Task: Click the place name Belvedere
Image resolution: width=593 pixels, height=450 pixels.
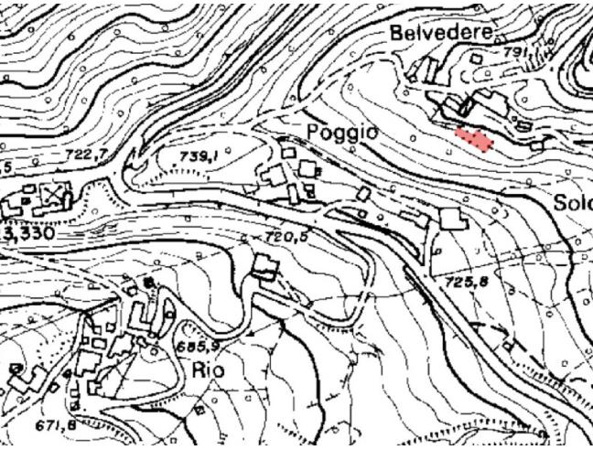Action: click(x=441, y=33)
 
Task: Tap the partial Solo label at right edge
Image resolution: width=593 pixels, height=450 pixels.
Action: click(x=573, y=203)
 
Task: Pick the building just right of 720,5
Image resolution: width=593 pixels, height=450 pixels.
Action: click(x=265, y=267)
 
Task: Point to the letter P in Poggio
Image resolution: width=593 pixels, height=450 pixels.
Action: click(x=314, y=132)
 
